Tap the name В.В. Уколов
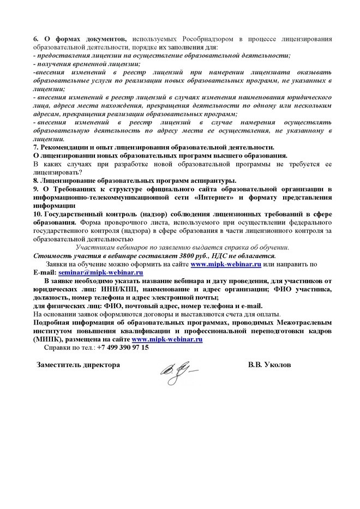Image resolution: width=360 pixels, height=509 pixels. click(269, 364)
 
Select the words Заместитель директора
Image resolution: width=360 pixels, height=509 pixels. click(77, 364)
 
